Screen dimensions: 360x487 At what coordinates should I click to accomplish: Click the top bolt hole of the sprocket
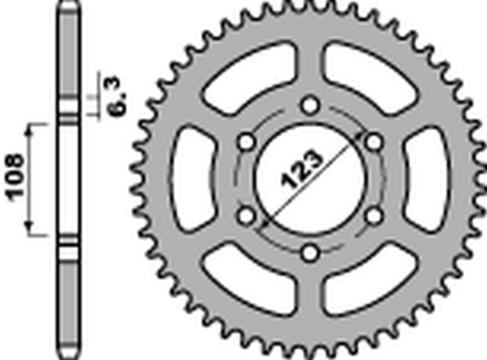click(309, 104)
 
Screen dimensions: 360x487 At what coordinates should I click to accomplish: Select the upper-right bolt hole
click(372, 141)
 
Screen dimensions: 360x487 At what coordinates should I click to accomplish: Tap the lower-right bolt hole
click(372, 213)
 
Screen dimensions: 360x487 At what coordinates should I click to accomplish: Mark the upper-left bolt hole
click(246, 141)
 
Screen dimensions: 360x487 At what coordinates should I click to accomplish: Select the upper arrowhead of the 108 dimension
click(33, 127)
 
